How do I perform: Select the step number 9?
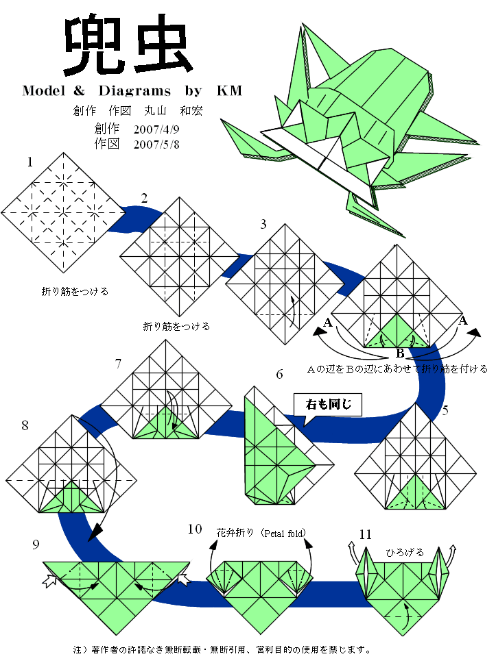[35, 544]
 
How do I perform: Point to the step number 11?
[365, 534]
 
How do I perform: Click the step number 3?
[263, 224]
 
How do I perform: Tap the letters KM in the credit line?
[230, 90]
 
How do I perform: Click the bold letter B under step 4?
[399, 354]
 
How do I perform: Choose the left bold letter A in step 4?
[328, 322]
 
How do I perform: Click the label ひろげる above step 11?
[404, 552]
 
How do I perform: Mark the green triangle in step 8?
[69, 499]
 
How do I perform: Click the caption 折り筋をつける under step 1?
[75, 291]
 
